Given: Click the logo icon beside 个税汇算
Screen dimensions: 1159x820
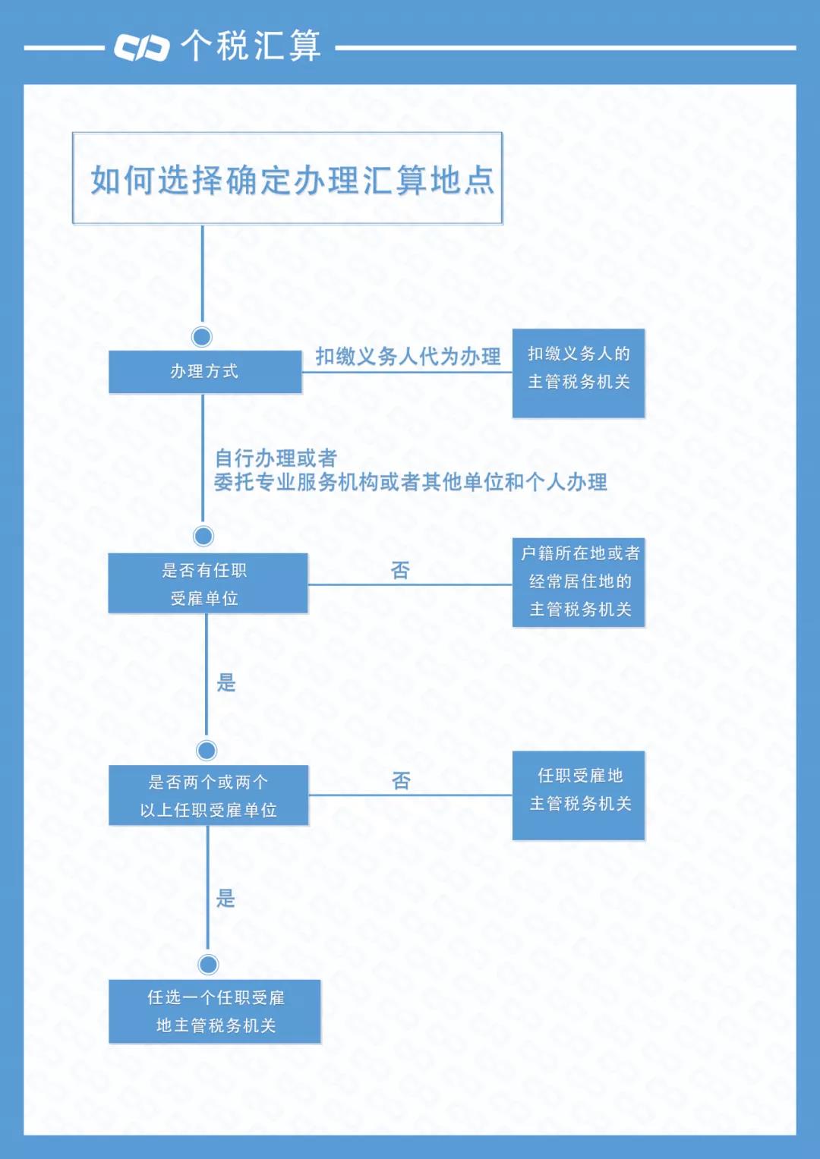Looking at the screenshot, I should click(141, 47).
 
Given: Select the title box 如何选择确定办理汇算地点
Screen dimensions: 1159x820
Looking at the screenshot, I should click(287, 178).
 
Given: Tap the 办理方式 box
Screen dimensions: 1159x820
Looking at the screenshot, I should click(205, 371).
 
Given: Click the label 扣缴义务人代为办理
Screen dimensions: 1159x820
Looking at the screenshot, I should click(408, 356).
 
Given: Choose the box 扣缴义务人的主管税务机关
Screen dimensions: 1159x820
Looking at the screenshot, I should click(579, 373).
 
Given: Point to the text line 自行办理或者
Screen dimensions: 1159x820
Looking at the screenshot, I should click(276, 458).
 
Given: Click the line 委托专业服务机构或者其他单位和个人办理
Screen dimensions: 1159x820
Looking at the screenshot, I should click(410, 482).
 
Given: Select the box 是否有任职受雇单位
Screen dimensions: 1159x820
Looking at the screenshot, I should click(207, 583).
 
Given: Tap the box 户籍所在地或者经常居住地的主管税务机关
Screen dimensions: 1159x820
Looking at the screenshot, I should click(579, 582).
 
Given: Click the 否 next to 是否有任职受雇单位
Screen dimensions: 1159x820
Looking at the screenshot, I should click(400, 570).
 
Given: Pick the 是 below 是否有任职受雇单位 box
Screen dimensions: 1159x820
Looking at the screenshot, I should click(226, 682).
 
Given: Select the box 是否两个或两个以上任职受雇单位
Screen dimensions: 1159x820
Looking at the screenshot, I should click(208, 795).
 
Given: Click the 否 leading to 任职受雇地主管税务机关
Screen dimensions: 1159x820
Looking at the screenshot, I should click(401, 780).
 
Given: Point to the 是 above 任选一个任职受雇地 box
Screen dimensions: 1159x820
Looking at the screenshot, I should click(225, 898).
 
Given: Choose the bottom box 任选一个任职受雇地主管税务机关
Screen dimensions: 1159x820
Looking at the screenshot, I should click(215, 1011).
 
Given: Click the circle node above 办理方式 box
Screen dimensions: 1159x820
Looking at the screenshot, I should click(202, 336).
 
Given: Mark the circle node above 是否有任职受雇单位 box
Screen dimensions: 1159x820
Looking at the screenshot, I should click(203, 536).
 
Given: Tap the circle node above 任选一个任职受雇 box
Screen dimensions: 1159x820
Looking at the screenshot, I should click(208, 964).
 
